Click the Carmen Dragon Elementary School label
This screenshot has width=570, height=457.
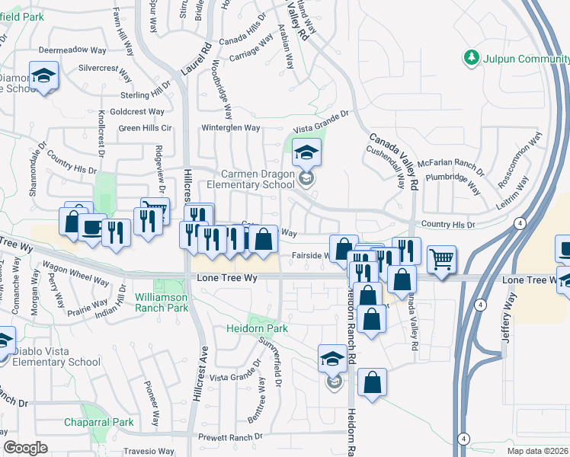coord(258,179)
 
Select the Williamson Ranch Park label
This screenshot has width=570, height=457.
coord(161,302)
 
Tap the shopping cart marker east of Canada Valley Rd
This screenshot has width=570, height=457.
coord(441,260)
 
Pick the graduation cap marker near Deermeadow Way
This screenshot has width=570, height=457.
coord(43,75)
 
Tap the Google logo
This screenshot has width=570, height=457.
coord(25,448)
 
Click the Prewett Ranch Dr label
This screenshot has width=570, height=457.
coord(230,437)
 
